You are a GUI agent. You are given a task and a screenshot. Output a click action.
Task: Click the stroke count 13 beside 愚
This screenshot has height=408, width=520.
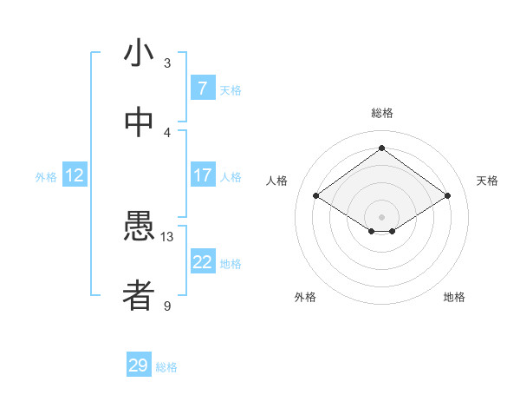pyautogui.click(x=167, y=236)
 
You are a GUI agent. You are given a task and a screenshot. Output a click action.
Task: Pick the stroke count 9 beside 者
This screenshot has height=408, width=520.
pyautogui.click(x=167, y=306)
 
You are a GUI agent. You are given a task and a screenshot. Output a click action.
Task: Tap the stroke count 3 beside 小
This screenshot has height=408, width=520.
pyautogui.click(x=167, y=63)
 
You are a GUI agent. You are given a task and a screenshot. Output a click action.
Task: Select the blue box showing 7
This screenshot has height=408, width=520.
pyautogui.click(x=202, y=89)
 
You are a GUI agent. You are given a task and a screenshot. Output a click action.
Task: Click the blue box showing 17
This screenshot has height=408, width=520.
pyautogui.click(x=202, y=175)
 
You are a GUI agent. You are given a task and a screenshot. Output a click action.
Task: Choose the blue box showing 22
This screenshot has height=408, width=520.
pyautogui.click(x=202, y=262)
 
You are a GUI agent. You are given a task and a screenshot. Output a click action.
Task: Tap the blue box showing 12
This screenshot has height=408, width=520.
pyautogui.click(x=75, y=175)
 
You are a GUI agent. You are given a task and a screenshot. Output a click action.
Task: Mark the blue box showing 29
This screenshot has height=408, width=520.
pyautogui.click(x=139, y=365)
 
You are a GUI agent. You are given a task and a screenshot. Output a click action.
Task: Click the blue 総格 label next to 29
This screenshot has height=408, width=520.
pyautogui.click(x=166, y=367)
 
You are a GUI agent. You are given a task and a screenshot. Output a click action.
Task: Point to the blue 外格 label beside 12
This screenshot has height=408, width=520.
pyautogui.click(x=46, y=177)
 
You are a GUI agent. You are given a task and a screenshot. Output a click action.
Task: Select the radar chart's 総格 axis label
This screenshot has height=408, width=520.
pyautogui.click(x=381, y=113)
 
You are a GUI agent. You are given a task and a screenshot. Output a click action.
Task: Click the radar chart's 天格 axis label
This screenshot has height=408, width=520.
pyautogui.click(x=487, y=181)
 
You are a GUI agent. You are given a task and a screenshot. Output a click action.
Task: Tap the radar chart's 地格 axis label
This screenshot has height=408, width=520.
pyautogui.click(x=454, y=297)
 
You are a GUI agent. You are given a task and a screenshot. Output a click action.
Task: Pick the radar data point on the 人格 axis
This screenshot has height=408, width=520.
pyautogui.click(x=316, y=196)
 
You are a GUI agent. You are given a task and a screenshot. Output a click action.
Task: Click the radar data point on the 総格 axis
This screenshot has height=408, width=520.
pyautogui.click(x=381, y=148)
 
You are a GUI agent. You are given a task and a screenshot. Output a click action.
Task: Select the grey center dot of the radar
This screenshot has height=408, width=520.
pyautogui.click(x=381, y=215)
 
